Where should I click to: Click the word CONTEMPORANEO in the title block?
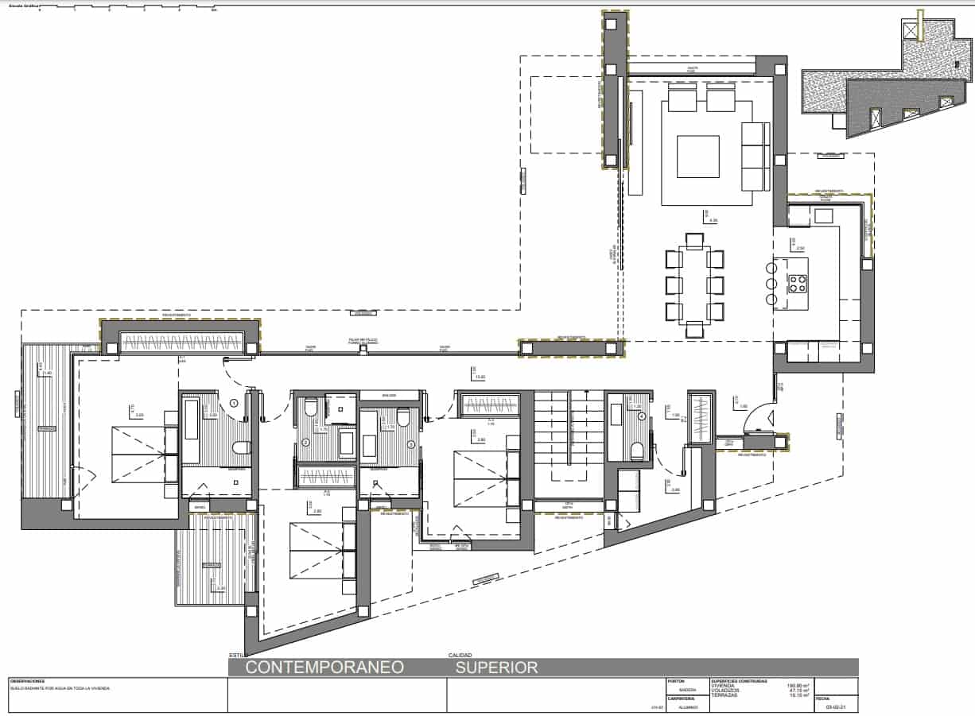(324, 668)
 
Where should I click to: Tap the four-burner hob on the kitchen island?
(797, 284)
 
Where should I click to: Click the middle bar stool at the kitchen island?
(771, 284)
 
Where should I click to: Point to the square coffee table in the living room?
(697, 157)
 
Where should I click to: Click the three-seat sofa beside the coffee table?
(756, 157)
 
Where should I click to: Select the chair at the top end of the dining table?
(694, 240)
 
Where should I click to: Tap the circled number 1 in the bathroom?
(234, 403)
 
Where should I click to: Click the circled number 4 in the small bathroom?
(642, 416)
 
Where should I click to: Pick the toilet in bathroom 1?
(240, 449)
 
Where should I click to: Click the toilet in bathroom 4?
(635, 452)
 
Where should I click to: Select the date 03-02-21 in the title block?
(836, 706)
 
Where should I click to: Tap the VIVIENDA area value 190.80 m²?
(798, 685)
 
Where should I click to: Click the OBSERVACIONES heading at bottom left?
(29, 681)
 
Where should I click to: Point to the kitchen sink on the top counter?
(822, 215)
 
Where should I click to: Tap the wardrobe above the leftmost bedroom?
(180, 343)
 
